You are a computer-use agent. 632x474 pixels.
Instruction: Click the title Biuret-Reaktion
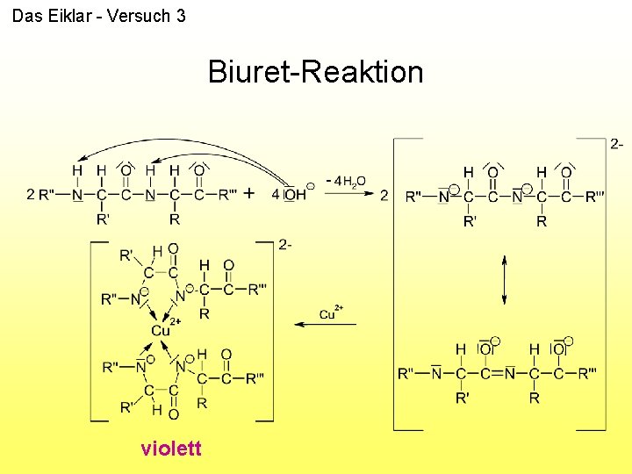(x=315, y=71)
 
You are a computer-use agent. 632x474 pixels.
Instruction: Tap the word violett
(x=171, y=449)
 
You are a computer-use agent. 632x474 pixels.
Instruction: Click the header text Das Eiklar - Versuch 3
(x=98, y=16)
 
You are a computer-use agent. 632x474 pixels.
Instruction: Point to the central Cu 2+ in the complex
(x=162, y=330)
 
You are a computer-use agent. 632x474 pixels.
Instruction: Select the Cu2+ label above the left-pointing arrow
(x=330, y=313)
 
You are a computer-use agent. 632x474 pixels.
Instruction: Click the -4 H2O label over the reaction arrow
(x=347, y=180)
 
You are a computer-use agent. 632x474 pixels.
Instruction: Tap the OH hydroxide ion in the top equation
(x=296, y=194)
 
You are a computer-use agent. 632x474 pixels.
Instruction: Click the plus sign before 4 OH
(x=249, y=193)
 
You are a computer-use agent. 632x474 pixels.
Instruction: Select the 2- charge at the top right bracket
(x=617, y=143)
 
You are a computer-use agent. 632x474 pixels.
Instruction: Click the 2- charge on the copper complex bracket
(x=285, y=244)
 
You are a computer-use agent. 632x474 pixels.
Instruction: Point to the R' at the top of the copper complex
(x=126, y=255)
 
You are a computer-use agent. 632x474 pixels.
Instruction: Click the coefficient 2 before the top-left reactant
(x=31, y=194)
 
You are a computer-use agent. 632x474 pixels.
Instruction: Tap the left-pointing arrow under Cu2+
(x=325, y=325)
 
